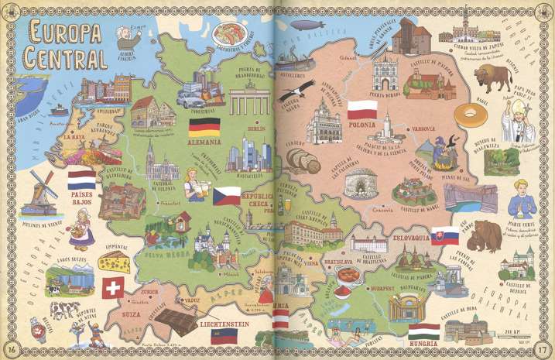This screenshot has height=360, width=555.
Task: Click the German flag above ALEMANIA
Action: tap(204, 126)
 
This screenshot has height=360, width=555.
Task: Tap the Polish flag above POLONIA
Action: tap(361, 108)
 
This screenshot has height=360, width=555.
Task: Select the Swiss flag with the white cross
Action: tap(113, 288)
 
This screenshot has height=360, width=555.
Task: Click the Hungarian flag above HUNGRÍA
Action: tap(423, 331)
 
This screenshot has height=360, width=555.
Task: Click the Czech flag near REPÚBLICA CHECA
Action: tap(227, 194)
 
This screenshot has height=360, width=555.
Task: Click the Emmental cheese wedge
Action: tap(114, 262)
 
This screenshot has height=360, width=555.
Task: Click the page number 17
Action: tap(543, 345)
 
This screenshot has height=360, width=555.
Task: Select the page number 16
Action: tap(13, 345)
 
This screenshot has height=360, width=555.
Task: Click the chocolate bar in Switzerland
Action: tap(176, 320)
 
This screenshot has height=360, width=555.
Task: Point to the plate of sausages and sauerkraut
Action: tap(230, 33)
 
